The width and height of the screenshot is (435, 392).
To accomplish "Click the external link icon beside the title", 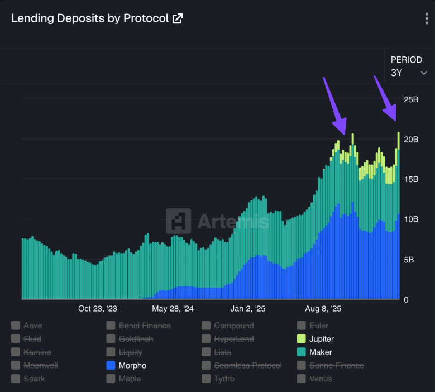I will click(x=178, y=18).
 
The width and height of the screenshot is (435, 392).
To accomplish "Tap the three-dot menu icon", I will click(x=427, y=18).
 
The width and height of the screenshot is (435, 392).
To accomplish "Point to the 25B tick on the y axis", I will click(x=411, y=99).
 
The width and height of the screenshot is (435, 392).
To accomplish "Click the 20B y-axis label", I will click(x=411, y=139).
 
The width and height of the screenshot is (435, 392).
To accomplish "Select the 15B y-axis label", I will click(x=411, y=179).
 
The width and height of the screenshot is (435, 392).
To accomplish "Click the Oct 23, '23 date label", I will click(x=98, y=308).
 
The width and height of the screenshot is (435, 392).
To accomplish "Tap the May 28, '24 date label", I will click(x=173, y=308).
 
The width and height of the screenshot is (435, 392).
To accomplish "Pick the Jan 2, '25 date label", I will click(x=248, y=308).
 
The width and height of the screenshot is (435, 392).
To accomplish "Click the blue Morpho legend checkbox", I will click(x=111, y=366).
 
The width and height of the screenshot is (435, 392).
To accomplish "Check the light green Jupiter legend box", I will click(x=302, y=339).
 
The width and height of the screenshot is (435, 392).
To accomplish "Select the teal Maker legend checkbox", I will click(x=302, y=352).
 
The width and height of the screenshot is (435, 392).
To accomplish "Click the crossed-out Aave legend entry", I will click(x=32, y=326).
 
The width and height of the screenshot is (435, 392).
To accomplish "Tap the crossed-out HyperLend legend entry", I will click(x=233, y=339).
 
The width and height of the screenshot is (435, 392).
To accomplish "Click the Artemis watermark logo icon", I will click(x=178, y=221).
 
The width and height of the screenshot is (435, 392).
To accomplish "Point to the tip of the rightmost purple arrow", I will click(x=396, y=120).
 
